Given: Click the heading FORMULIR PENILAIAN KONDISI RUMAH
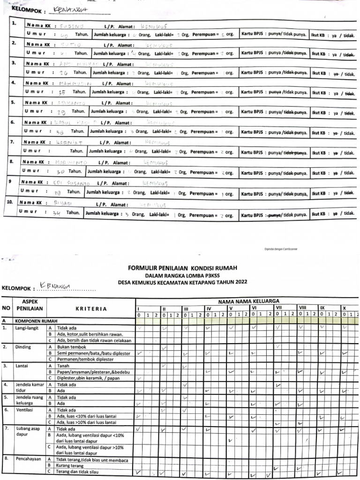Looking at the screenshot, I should (182, 268).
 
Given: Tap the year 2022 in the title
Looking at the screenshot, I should (239, 282).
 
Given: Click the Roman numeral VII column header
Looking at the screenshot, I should (278, 308).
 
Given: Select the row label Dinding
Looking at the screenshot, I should (23, 347).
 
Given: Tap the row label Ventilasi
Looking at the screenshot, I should (25, 410).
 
